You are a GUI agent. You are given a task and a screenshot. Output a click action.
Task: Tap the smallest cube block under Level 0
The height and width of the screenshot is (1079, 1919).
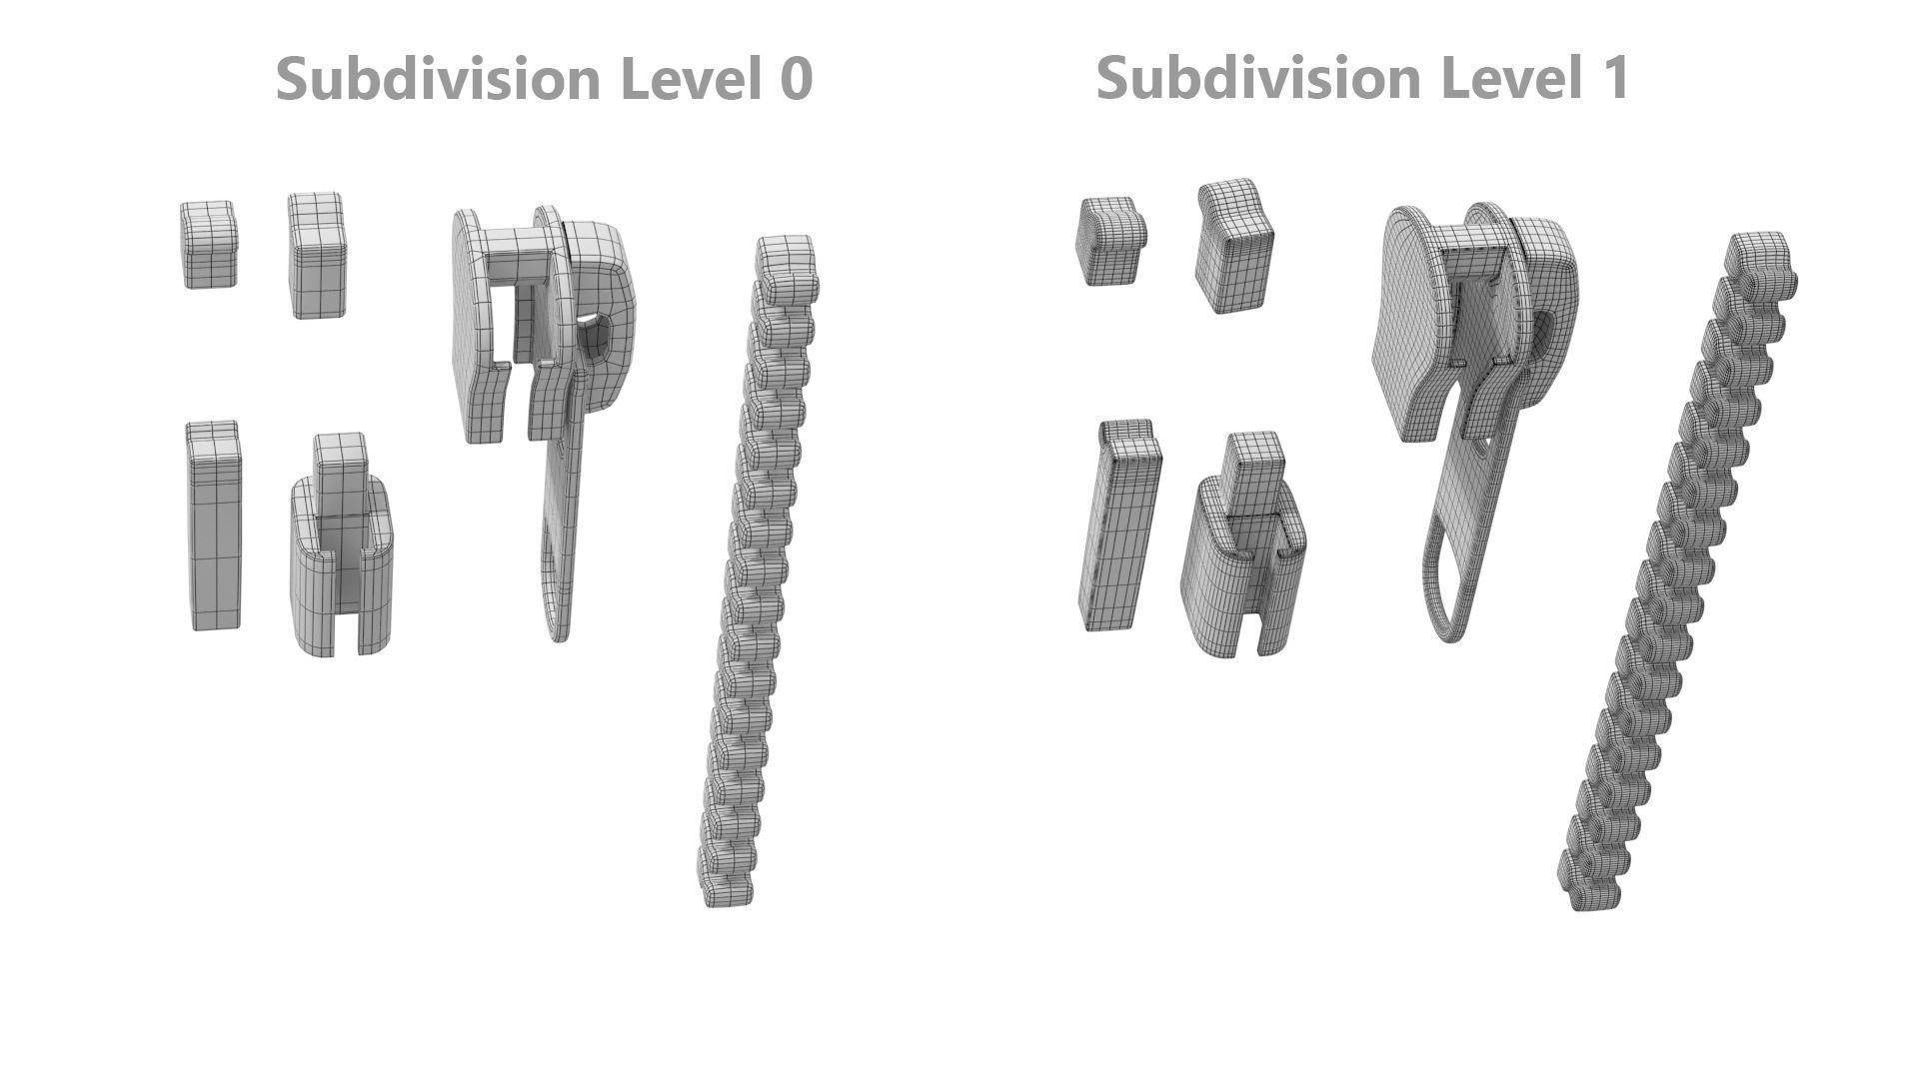209,245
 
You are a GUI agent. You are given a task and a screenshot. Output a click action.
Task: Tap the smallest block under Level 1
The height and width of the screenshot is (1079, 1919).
1109,241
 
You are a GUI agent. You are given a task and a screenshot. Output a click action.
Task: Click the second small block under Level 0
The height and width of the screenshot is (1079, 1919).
317,256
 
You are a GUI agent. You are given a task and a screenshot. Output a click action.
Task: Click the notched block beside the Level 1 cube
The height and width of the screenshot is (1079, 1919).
1234,246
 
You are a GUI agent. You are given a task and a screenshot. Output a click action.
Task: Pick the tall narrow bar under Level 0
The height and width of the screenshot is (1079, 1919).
214,526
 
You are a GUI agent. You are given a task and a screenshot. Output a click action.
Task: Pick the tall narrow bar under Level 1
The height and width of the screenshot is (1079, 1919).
1118,527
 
